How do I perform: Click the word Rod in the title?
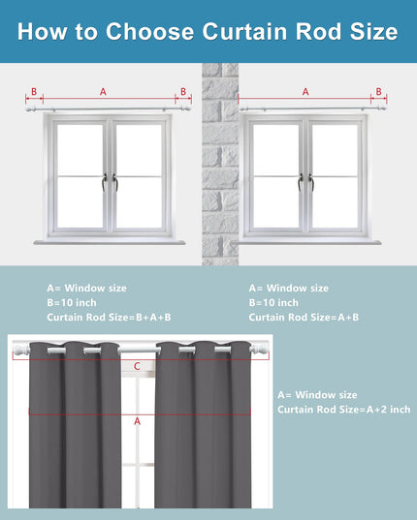(318, 32)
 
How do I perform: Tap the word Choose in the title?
(149, 32)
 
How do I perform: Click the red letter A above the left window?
(103, 92)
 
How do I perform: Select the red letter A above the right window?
(305, 92)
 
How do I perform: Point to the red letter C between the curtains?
(137, 366)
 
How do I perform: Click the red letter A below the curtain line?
(137, 421)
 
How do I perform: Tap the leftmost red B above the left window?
(34, 92)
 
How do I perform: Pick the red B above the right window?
(379, 92)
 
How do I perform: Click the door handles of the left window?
(110, 182)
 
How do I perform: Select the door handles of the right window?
(305, 182)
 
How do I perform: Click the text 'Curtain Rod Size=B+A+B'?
(109, 318)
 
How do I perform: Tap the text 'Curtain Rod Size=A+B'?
(304, 318)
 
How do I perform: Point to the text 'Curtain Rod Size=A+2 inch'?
(344, 410)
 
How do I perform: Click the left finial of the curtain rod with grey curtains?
(21, 350)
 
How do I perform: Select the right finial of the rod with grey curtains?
(259, 349)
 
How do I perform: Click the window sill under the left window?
(110, 242)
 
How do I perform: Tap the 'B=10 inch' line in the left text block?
(72, 303)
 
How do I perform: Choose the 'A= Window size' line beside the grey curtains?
(317, 395)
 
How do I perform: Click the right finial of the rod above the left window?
(186, 108)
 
